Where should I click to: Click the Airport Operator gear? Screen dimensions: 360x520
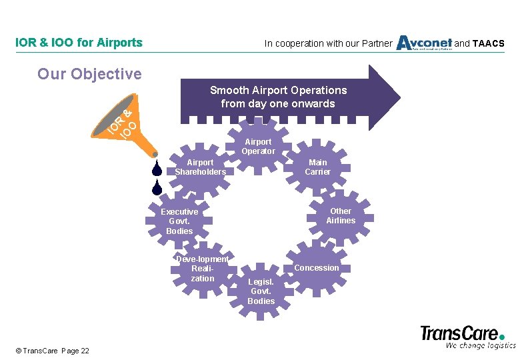258,146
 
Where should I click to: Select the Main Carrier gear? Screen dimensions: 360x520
317,167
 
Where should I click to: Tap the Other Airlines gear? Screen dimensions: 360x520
341,216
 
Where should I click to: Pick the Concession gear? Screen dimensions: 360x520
317,267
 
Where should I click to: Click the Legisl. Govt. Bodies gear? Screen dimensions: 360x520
261,291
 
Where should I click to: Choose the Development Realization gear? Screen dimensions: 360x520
202,268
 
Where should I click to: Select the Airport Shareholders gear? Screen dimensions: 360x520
200,167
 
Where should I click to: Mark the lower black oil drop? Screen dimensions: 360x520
157,188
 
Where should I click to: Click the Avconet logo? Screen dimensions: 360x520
424,43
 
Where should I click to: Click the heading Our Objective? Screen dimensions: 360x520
89,73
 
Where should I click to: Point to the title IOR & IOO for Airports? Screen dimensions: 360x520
79,43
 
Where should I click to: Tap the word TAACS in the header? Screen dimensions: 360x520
489,44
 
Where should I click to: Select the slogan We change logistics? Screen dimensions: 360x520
481,345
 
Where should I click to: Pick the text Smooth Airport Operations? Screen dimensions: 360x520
278,90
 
